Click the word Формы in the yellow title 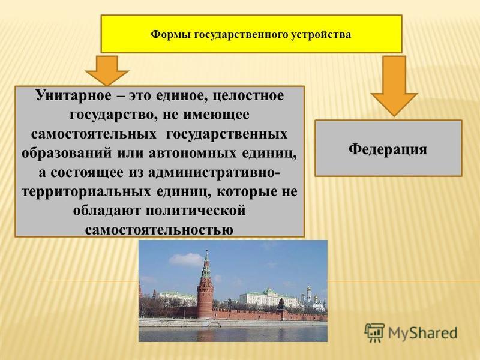170,34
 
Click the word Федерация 388,149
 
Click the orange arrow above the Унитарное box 107,70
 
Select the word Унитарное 74,95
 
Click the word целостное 248,96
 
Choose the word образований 67,153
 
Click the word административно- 214,173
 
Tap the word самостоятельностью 159,230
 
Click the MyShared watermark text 423,333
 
